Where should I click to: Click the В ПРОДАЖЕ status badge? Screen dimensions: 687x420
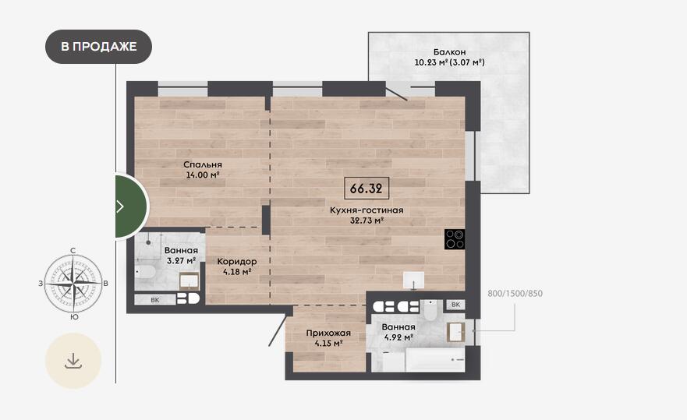coord(98,47)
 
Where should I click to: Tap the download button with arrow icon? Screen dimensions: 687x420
coord(73,361)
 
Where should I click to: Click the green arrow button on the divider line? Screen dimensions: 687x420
coord(130,206)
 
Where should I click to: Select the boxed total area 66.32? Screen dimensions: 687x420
coord(367,189)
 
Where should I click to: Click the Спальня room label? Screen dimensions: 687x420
coord(203,164)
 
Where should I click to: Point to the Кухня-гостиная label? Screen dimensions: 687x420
coord(367,210)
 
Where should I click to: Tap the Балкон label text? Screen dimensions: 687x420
coord(449,51)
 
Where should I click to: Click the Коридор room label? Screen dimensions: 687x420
coord(237,262)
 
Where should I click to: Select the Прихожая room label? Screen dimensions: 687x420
coord(328,333)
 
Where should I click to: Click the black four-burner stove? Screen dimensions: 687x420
coord(455,239)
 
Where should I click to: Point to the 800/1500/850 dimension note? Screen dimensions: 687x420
coord(515,294)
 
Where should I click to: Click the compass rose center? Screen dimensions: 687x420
coord(73,284)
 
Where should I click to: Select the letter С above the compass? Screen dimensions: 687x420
coord(73,250)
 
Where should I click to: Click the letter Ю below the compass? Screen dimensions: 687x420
coord(74,316)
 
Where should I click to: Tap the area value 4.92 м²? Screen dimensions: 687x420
coord(398,337)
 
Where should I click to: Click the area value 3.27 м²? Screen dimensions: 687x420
coord(181,260)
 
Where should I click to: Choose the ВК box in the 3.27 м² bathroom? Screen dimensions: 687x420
coord(155,300)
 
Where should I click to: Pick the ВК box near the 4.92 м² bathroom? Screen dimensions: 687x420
coord(455,305)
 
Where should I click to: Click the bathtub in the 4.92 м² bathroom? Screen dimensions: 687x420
coord(423,360)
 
